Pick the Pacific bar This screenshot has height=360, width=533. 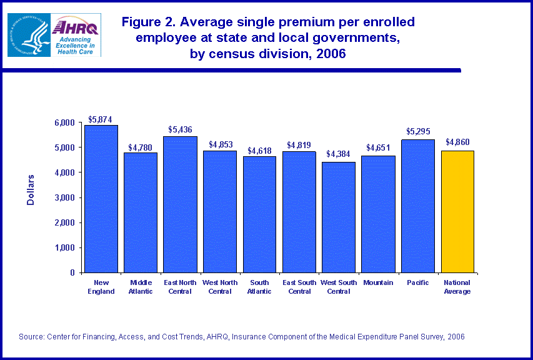point(418,206)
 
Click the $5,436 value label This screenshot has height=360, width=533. point(180,130)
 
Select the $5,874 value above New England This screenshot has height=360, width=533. point(101,119)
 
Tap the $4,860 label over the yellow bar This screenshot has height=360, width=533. point(457,142)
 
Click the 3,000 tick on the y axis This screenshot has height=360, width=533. point(65,197)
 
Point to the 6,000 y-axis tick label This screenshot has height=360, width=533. point(65,122)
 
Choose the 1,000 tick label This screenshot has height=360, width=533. point(65,248)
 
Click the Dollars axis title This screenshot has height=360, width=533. point(31,190)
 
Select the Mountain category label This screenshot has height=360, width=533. point(378,283)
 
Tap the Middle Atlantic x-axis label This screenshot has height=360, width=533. point(141,287)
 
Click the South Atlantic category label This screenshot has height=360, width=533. point(259,287)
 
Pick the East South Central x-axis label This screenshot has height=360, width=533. point(299,287)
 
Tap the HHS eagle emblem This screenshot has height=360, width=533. point(28,35)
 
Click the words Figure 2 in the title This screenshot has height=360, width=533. point(146,22)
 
